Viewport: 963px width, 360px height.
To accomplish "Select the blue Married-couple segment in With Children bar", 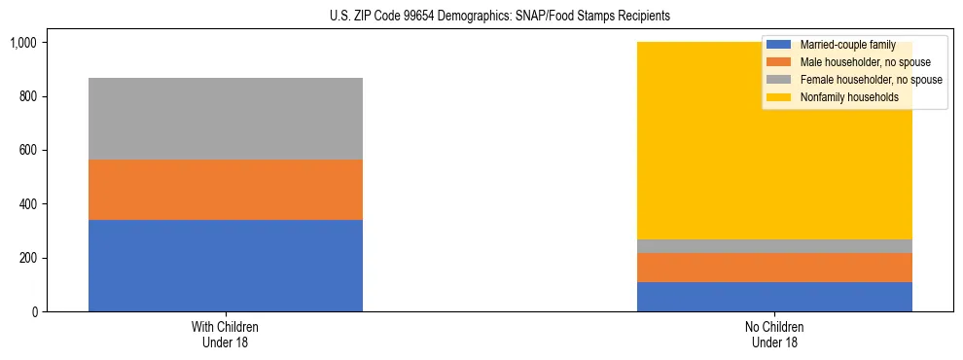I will (226, 266).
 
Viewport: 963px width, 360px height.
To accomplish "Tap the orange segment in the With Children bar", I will (226, 190).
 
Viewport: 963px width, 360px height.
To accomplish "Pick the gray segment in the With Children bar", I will (226, 119).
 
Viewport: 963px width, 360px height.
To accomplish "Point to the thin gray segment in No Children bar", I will (774, 246).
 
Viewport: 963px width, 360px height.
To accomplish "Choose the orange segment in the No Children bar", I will (774, 268).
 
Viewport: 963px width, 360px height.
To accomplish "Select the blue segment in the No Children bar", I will (774, 297).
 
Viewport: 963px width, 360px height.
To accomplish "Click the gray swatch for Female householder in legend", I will (779, 80).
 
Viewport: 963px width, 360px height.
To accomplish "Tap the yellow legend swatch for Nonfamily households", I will (779, 97).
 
